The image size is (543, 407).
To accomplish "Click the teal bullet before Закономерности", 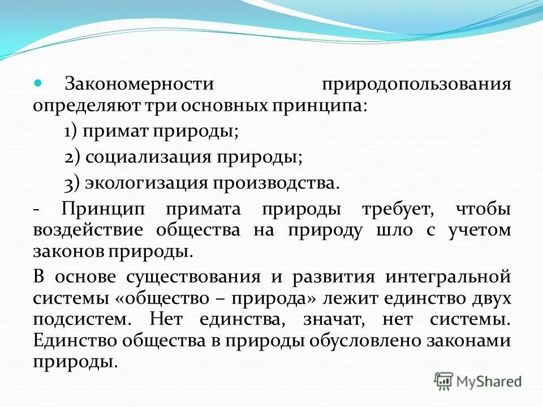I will click(39, 83).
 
